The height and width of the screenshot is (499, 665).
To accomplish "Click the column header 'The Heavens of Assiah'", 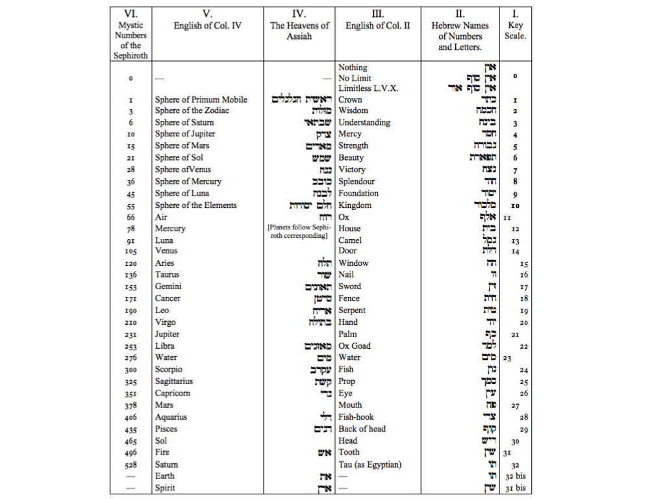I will tap(299, 31).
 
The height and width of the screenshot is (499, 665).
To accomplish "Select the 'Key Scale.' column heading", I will tap(515, 31).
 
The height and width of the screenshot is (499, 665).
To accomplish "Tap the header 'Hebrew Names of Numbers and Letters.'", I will tap(460, 36).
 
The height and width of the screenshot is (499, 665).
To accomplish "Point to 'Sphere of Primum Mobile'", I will tap(201, 99).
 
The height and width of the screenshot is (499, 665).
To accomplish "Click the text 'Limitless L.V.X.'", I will tap(368, 88).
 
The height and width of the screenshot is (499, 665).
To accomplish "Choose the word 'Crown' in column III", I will tap(350, 99).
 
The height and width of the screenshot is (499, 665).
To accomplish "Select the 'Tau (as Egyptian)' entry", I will tap(370, 464).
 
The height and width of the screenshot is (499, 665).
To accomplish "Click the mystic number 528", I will tap(131, 465).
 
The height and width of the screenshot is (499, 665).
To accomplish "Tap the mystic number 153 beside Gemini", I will tap(131, 287).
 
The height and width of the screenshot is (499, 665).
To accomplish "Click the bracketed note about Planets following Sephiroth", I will tap(299, 231).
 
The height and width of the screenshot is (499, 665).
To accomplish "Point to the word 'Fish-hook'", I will tap(356, 417).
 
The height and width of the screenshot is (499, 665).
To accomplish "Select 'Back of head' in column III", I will tap(362, 429).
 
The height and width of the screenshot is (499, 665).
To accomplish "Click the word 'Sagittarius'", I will tap(173, 381).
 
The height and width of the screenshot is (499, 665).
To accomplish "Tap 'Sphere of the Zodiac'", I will tap(192, 110).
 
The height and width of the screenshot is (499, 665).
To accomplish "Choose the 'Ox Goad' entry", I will tap(355, 346).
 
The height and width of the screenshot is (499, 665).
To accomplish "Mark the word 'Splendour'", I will tap(357, 181).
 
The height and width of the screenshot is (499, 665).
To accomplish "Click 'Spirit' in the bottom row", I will tap(165, 488).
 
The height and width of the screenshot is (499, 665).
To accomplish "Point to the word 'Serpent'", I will tap(352, 311).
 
